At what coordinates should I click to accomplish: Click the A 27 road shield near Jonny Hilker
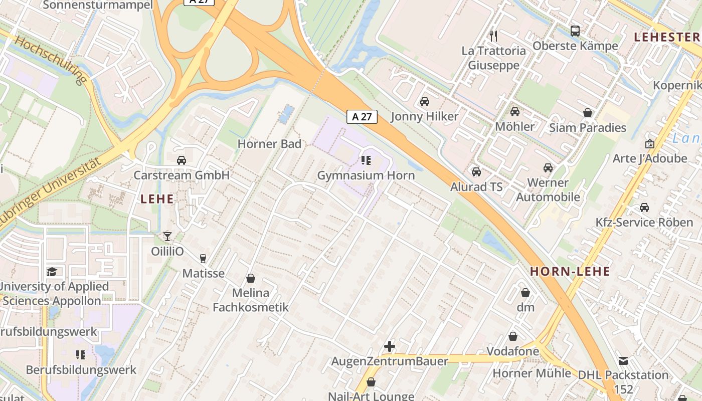362,117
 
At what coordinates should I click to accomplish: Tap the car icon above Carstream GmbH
182,160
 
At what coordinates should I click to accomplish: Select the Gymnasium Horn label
366,175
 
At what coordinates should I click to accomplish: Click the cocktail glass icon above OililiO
167,236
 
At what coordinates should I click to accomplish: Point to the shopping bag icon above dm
525,292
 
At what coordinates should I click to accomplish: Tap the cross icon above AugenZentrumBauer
390,346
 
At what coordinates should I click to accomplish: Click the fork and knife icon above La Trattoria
493,36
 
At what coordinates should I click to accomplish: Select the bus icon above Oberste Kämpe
575,31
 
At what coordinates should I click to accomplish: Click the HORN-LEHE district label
570,272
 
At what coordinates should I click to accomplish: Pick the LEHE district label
157,199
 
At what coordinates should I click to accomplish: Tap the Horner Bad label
269,144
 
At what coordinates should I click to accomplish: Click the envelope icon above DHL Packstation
623,360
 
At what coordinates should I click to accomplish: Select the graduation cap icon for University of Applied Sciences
52,272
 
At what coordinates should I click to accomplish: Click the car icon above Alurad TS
476,172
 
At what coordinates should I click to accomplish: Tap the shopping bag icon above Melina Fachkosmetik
251,278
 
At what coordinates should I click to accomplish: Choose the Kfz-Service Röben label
644,222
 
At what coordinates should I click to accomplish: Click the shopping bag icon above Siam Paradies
588,113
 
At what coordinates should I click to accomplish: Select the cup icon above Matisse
203,259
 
